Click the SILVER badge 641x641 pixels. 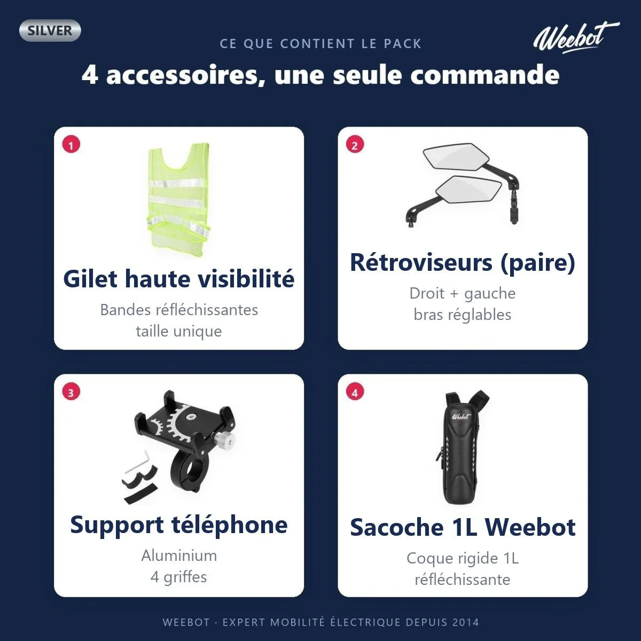coord(50,30)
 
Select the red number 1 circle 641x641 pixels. coord(71,145)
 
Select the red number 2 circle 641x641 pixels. coord(355,145)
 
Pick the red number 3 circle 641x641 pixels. coord(71,392)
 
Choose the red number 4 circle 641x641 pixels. coord(355,392)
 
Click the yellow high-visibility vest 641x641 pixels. coord(179,196)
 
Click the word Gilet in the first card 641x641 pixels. coord(91,279)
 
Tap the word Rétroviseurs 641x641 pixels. coord(421,263)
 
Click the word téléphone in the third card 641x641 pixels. coord(230,525)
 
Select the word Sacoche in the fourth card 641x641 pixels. coord(397,528)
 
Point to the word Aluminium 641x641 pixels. coord(179,556)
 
